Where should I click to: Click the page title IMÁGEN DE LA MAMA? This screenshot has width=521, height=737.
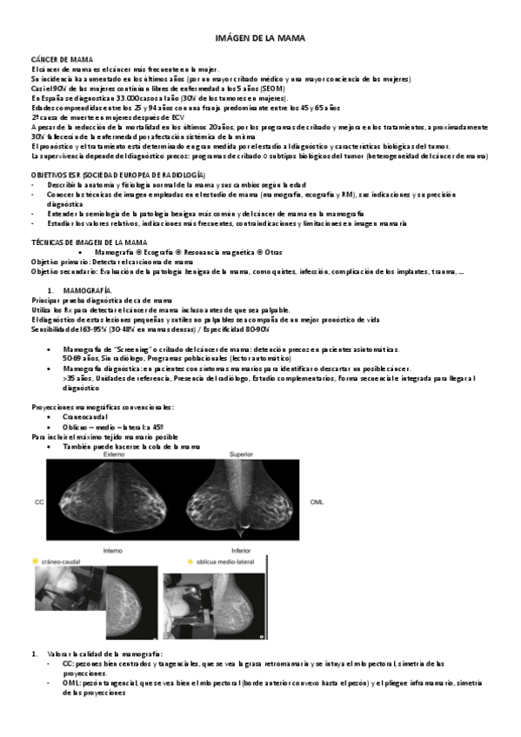click(260, 39)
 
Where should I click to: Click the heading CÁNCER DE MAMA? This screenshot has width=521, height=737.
click(56, 58)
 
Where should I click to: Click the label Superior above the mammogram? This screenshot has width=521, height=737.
click(241, 455)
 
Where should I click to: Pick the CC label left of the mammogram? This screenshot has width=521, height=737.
click(38, 502)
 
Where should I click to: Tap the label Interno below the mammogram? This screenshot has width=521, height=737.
click(113, 550)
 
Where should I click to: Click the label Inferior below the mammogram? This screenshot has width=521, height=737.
click(241, 550)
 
